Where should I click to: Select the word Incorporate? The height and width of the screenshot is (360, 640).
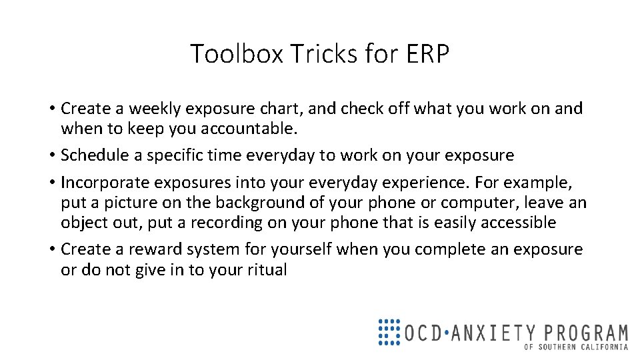click(105, 183)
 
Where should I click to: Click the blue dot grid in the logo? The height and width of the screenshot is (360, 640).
click(389, 331)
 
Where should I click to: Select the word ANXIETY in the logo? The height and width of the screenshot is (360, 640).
click(493, 332)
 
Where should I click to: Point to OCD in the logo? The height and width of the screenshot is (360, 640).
click(423, 332)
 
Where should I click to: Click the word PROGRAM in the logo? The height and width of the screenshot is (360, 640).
click(587, 332)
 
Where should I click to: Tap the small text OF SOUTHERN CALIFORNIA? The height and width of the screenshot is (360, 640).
click(576, 347)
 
